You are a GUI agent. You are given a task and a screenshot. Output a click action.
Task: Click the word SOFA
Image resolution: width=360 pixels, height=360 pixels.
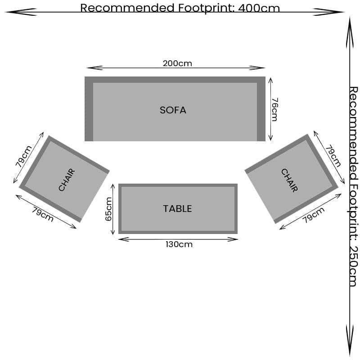(173, 110)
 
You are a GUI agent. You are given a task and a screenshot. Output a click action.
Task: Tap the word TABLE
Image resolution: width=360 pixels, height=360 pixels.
(177, 209)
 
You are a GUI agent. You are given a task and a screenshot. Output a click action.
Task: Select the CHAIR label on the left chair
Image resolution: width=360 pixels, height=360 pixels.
(67, 180)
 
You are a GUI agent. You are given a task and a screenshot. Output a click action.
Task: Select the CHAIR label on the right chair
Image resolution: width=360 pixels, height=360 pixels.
(289, 180)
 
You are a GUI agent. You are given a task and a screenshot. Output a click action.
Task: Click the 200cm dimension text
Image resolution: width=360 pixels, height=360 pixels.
(177, 63)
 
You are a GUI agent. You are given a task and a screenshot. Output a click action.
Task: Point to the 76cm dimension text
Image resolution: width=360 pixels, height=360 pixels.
(274, 109)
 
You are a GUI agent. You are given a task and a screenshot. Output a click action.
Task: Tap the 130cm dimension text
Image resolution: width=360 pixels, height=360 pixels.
(179, 244)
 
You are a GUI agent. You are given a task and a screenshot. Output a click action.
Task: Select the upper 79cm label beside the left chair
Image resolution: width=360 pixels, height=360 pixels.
(24, 156)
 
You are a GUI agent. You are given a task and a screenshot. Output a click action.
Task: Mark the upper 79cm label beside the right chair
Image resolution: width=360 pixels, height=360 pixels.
(333, 156)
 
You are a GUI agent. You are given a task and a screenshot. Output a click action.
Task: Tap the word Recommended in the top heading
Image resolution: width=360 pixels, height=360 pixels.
(121, 8)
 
